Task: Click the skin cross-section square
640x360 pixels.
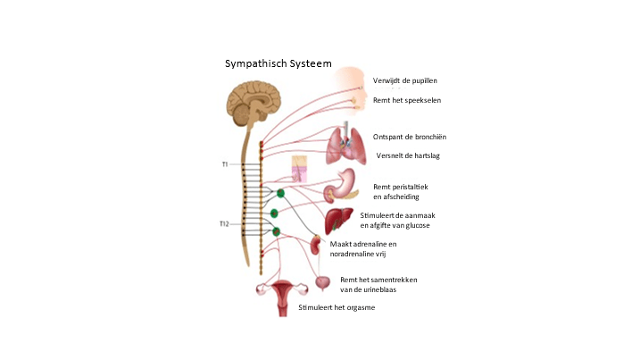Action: pos(299,168)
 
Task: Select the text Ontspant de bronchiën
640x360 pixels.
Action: pos(409,137)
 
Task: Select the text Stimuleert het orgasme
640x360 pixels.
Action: pos(337,307)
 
